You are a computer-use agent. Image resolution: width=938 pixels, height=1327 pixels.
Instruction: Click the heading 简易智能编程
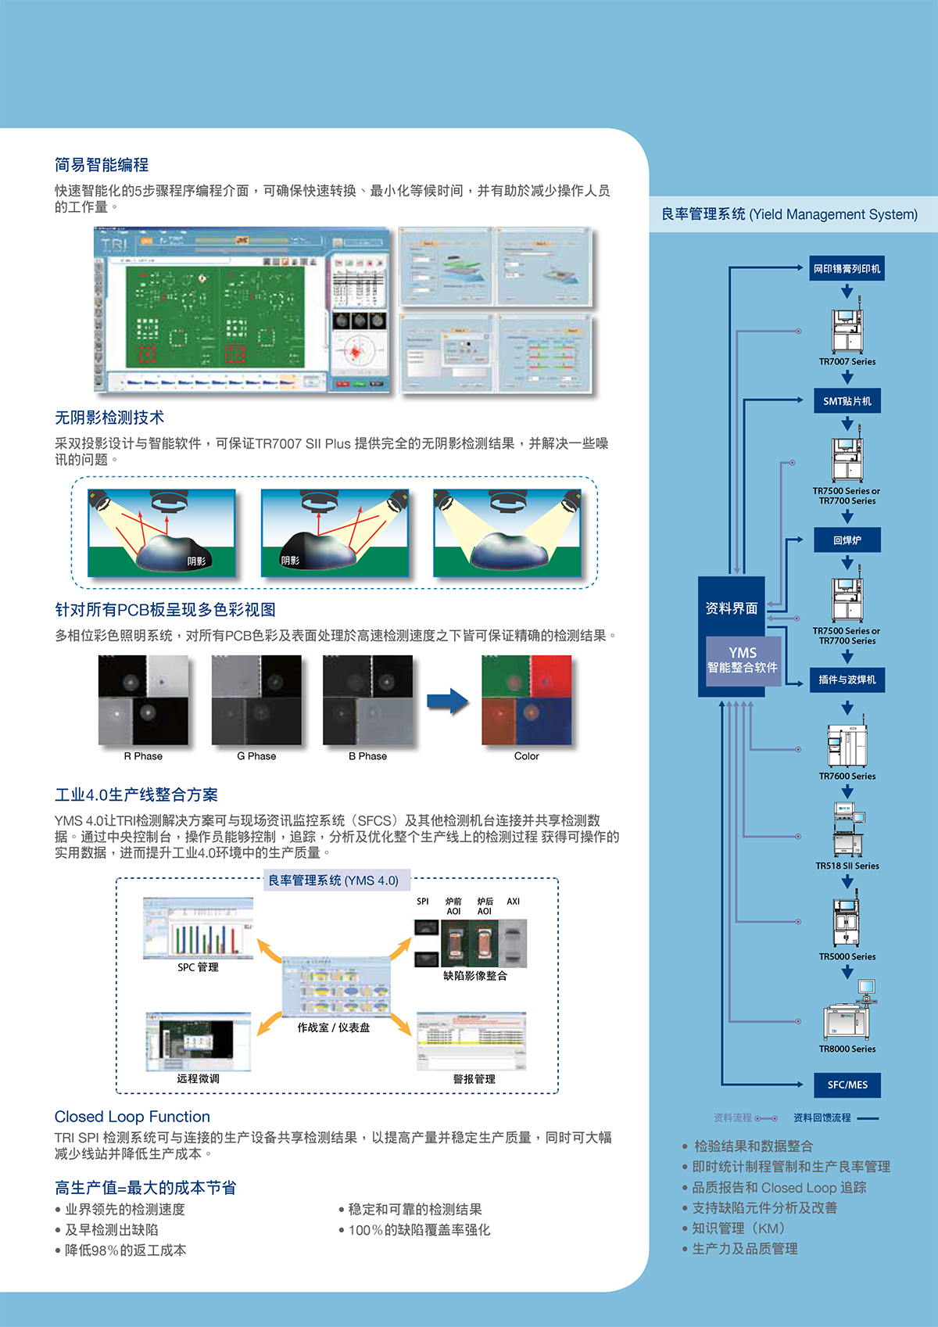click(x=102, y=165)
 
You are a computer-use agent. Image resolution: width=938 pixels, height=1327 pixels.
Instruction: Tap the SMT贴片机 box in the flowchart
click(x=847, y=401)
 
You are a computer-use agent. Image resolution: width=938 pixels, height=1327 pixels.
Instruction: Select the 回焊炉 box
click(x=847, y=540)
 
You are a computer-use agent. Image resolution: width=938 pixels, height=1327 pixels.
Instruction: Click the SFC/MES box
click(x=847, y=1085)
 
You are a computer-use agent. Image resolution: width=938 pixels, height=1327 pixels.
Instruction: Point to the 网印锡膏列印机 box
click(x=847, y=269)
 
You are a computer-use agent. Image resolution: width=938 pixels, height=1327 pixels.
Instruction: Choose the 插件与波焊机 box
click(x=847, y=680)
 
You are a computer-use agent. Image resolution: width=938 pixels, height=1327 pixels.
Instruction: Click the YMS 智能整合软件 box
click(x=743, y=660)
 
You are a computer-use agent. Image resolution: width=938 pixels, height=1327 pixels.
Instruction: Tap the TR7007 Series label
click(x=847, y=361)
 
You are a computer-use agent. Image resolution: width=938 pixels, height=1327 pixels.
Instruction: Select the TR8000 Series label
click(x=847, y=1049)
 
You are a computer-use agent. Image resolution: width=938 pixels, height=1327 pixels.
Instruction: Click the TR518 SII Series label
click(x=847, y=866)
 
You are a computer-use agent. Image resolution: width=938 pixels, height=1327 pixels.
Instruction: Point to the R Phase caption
click(x=143, y=756)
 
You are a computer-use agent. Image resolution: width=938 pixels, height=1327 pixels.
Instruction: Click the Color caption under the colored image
click(x=526, y=756)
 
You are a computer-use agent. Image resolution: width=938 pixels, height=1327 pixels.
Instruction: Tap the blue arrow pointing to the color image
click(x=448, y=701)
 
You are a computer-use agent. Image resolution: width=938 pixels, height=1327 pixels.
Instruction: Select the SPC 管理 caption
click(x=198, y=967)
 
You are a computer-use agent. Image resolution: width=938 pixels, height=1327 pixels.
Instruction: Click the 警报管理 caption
click(x=474, y=1079)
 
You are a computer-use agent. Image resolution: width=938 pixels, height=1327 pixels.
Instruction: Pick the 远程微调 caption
click(x=198, y=1078)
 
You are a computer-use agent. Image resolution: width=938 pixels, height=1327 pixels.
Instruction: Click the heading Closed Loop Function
click(x=132, y=1117)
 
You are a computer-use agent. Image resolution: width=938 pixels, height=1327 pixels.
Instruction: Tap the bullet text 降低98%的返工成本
click(x=125, y=1250)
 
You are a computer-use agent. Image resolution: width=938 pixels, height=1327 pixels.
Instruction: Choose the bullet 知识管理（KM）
click(x=738, y=1228)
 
